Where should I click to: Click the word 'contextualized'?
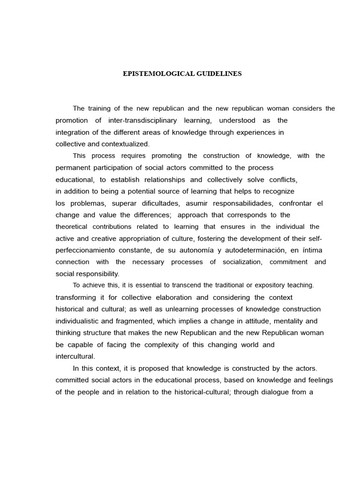125,144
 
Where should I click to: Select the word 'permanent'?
72,167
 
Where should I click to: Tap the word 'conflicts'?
283,180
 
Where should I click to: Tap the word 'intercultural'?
75,356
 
